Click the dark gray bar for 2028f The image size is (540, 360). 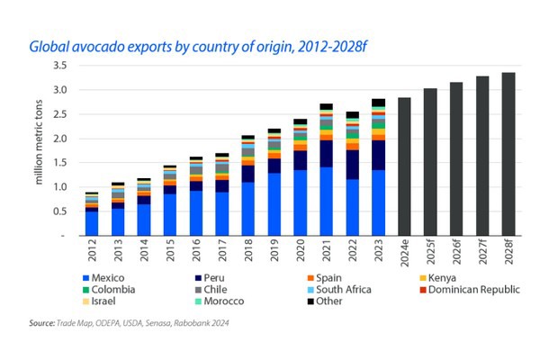coord(508,154)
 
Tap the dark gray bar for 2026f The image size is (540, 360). coord(456,158)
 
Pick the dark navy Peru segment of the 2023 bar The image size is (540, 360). coord(378,155)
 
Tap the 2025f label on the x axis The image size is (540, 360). coord(430,251)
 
